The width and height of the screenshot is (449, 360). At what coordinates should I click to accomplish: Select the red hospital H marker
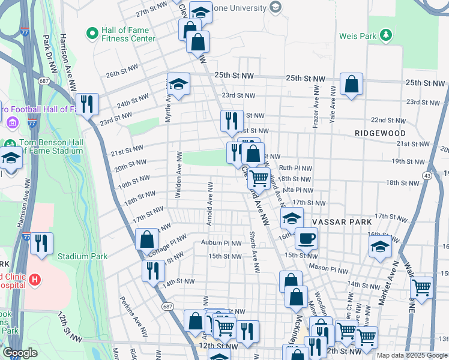click(35, 279)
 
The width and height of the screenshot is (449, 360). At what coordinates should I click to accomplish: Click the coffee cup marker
click(306, 238)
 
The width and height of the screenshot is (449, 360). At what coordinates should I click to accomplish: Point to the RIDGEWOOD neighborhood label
click(379, 133)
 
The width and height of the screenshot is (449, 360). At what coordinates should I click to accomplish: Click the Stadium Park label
click(82, 256)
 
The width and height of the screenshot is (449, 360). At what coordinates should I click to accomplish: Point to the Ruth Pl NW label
click(294, 169)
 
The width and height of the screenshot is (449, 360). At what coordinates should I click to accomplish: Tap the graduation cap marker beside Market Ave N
click(380, 246)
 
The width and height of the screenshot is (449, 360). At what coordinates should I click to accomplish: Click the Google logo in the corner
click(20, 353)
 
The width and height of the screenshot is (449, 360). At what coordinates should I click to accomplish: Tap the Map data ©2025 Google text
click(412, 355)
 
